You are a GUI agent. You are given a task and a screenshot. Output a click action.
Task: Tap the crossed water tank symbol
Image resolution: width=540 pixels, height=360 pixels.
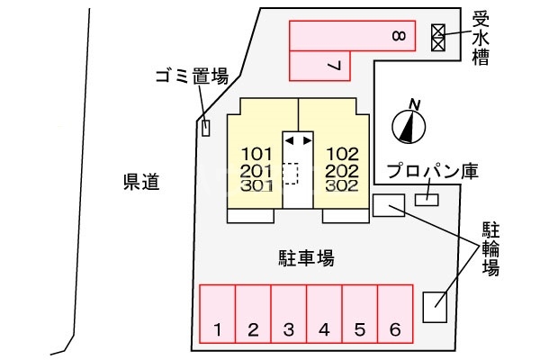pos(438,37)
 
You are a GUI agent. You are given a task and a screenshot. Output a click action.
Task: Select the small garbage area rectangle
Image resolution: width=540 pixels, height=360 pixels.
pos(206,129)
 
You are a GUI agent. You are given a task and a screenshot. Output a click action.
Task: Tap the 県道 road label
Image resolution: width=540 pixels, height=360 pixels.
pos(140,183)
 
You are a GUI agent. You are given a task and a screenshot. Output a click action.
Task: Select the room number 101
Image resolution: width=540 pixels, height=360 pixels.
pos(256,153)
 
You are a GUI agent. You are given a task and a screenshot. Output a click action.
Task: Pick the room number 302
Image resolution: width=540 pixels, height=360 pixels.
pos(343,185)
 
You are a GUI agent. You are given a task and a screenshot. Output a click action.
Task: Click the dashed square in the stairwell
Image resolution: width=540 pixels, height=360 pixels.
pos(291,173)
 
